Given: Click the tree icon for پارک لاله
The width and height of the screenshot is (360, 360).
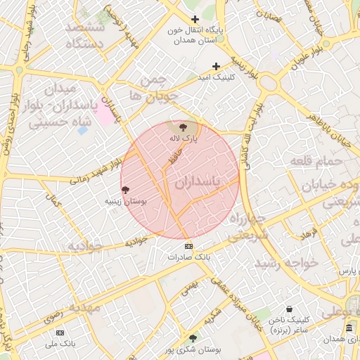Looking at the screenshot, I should pos(184,127).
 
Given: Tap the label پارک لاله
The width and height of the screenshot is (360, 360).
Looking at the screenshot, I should pos(184,139).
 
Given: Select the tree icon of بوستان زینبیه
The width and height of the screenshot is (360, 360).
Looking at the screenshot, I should pos(126,190).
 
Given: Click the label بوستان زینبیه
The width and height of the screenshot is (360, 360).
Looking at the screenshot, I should pos(126,201).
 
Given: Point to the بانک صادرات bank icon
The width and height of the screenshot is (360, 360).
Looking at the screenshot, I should pos(188,246).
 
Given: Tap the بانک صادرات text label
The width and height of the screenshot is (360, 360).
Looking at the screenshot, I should pos(188,257).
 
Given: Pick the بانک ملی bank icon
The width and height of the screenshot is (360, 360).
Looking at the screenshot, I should pos(60,332).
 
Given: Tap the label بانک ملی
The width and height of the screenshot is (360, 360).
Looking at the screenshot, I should pos(60,343).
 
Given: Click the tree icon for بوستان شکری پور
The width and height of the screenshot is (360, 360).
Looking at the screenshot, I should pos(193,338).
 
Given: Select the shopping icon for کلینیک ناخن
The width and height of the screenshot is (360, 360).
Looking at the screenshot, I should pos(290,309).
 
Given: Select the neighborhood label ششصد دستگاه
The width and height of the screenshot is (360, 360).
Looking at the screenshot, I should pos(84,35).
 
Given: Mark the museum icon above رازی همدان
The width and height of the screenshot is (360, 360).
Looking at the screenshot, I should pos(349,328).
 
